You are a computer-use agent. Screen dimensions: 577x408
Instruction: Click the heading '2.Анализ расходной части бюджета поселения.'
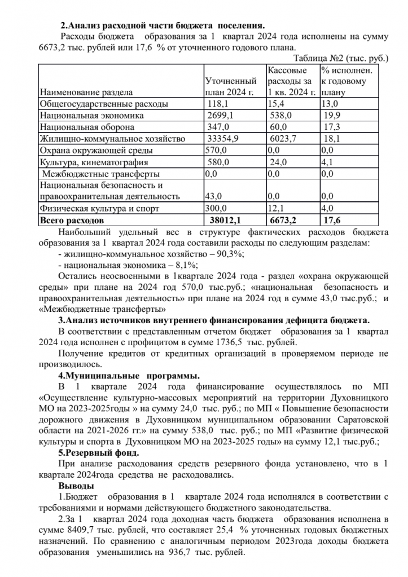[x=163, y=25]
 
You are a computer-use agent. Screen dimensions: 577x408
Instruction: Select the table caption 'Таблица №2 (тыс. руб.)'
[x=341, y=58]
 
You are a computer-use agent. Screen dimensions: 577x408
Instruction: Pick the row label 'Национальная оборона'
[x=87, y=127]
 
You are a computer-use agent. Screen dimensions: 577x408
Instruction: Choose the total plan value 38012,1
[x=225, y=219]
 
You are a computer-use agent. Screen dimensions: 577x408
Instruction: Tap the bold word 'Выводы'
[x=76, y=486]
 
